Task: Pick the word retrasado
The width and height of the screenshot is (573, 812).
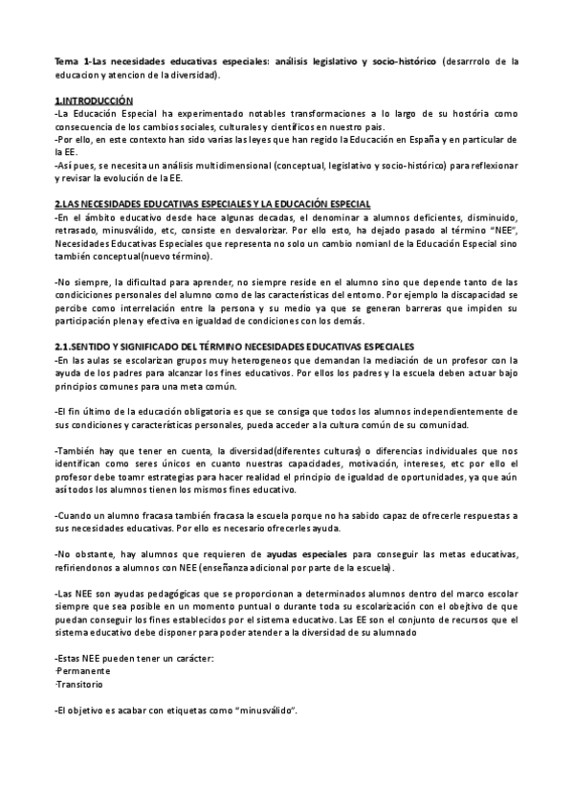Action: (76, 231)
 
